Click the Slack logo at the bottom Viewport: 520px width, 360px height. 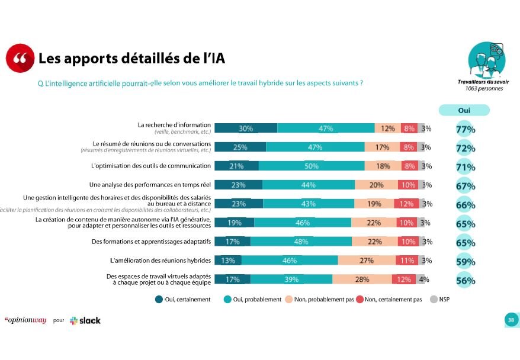85,320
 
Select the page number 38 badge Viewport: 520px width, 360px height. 511,320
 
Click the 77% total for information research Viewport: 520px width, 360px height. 466,129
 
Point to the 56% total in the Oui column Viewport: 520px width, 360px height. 466,281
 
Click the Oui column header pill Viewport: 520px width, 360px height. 464,110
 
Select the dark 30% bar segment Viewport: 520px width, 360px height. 246,128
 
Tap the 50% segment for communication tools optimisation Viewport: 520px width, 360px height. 312,166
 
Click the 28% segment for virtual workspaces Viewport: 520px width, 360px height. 362,279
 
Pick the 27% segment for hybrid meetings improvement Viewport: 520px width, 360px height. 367,261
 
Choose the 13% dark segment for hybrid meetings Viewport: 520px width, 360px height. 228,261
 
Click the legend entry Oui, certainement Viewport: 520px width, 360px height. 183,300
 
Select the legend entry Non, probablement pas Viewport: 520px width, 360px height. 320,300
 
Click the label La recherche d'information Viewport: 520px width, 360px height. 174,125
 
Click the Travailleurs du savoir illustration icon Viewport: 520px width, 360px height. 487,61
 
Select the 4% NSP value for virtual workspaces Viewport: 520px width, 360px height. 424,279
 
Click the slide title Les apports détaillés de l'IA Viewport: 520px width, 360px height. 131,59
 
